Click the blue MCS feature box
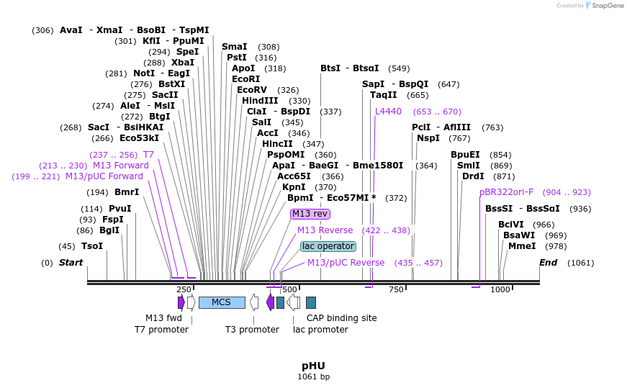tap(222, 302)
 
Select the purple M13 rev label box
tap(310, 214)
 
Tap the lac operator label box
tap(328, 246)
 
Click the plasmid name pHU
tap(313, 366)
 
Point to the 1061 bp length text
tap(313, 376)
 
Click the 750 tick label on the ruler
tap(395, 289)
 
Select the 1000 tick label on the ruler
tap(500, 289)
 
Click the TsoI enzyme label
tap(91, 246)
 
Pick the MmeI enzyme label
tap(522, 246)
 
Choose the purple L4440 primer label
tap(388, 112)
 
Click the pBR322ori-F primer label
tap(506, 192)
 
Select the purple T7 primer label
tap(148, 155)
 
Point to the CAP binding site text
tap(341, 317)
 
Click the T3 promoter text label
tap(252, 330)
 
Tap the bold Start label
tap(71, 263)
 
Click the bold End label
tap(548, 263)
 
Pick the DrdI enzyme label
tap(473, 176)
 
